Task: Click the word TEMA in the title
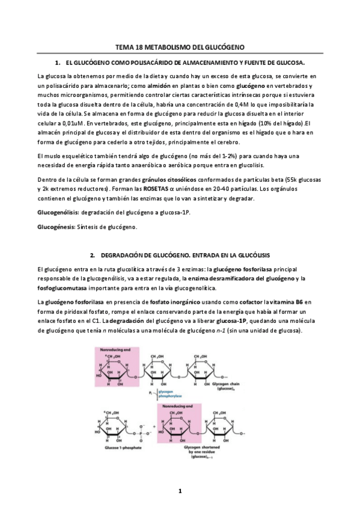pos(126,47)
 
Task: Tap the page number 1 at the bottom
pos(180,492)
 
